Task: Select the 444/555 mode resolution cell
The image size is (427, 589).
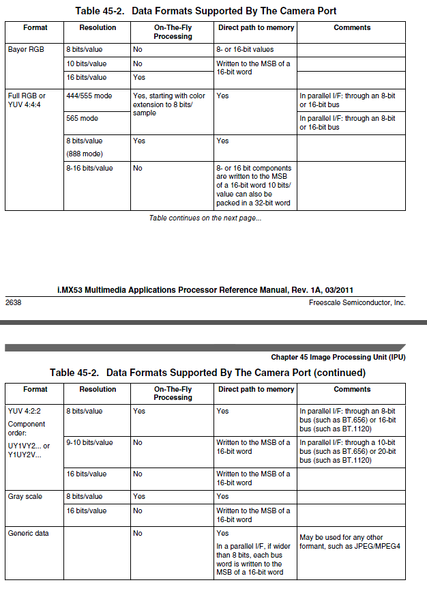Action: point(89,96)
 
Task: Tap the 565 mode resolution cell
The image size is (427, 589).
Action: point(82,119)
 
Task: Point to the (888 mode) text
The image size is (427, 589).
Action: point(85,154)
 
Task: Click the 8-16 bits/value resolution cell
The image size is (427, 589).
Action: point(89,168)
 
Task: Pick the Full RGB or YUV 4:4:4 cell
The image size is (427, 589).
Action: point(27,100)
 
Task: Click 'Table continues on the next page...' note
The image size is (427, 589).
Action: point(205,218)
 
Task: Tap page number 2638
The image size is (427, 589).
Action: point(13,302)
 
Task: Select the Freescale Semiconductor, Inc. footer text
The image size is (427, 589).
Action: point(357,302)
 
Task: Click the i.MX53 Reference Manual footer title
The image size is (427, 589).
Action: point(205,290)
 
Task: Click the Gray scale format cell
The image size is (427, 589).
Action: point(25,496)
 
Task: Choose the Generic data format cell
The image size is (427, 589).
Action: point(28,533)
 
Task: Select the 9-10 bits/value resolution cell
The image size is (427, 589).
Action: point(89,442)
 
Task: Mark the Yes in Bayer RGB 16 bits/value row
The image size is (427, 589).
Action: point(139,78)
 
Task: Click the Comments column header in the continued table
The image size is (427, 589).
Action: point(352,389)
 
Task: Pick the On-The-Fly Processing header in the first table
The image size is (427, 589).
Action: point(173,32)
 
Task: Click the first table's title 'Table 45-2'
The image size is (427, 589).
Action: point(205,11)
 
